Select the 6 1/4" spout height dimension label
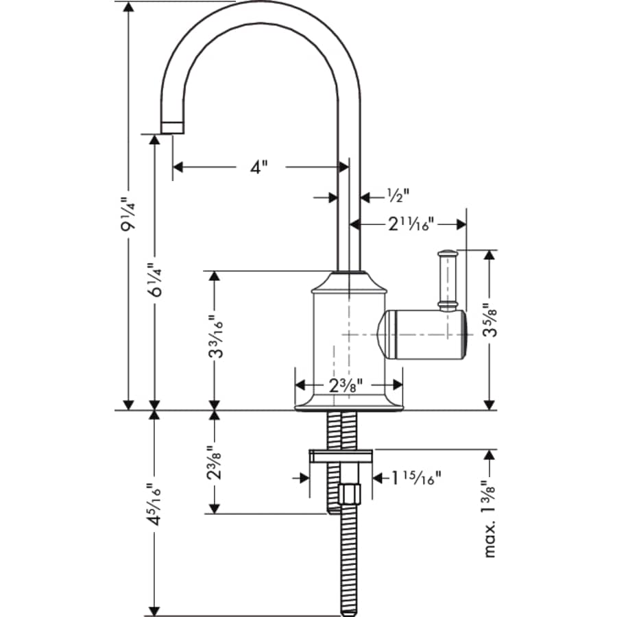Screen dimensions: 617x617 coord(156,278)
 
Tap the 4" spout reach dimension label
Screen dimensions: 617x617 coord(258,167)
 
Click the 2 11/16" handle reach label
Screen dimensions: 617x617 coord(411,224)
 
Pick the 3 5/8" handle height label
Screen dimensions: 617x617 coord(489,321)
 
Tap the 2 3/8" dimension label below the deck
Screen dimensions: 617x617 coord(215,463)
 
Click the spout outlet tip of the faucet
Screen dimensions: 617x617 coord(172,128)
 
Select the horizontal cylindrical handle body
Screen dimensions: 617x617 coord(422,335)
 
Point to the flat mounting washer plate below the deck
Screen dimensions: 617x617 coord(341,457)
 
